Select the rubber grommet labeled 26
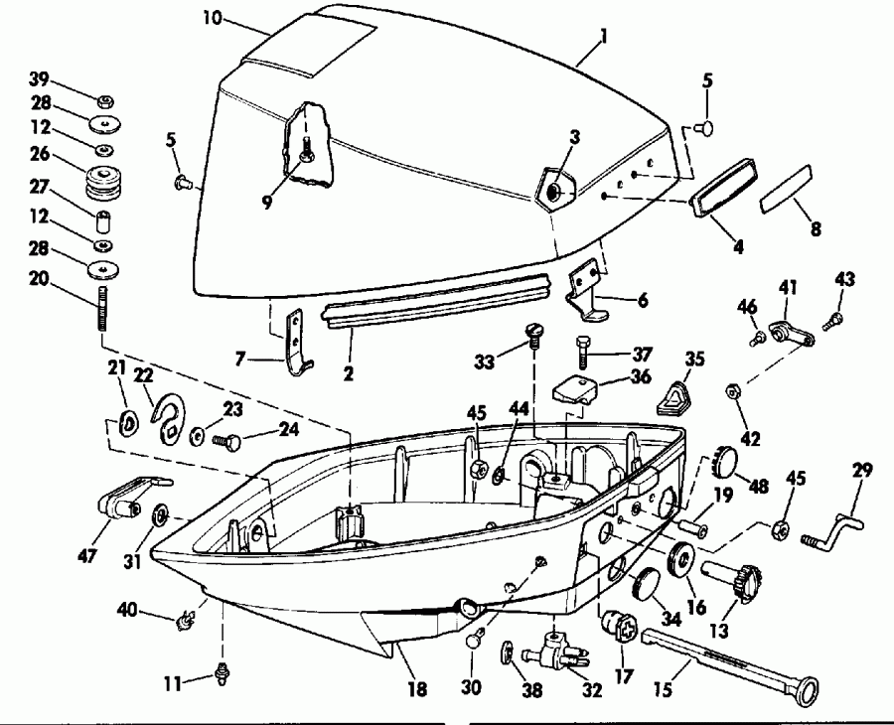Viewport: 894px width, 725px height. point(102,182)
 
